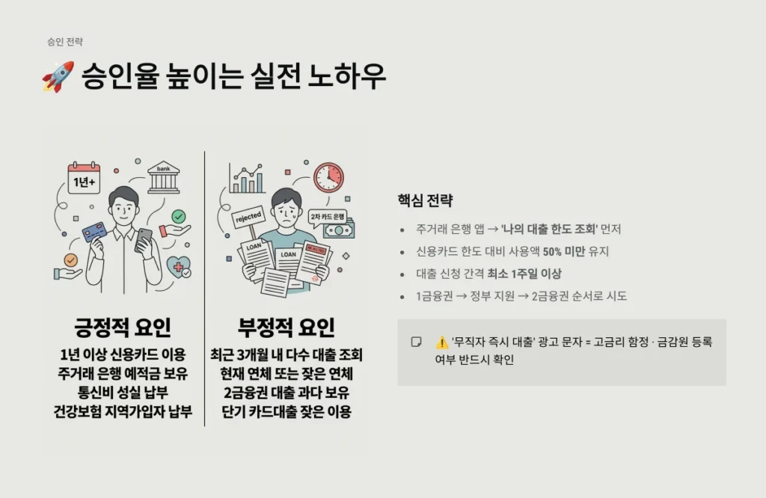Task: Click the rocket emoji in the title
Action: click(x=58, y=78)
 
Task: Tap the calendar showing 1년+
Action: click(x=84, y=179)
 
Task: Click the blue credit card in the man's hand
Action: click(x=96, y=232)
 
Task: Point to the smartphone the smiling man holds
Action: click(x=144, y=239)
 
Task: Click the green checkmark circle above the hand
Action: click(x=178, y=217)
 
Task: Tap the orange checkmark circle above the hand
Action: click(x=70, y=260)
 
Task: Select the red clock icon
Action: click(x=328, y=177)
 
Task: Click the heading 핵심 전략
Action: click(x=425, y=201)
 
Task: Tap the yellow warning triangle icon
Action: click(x=442, y=342)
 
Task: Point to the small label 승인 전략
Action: click(x=64, y=42)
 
